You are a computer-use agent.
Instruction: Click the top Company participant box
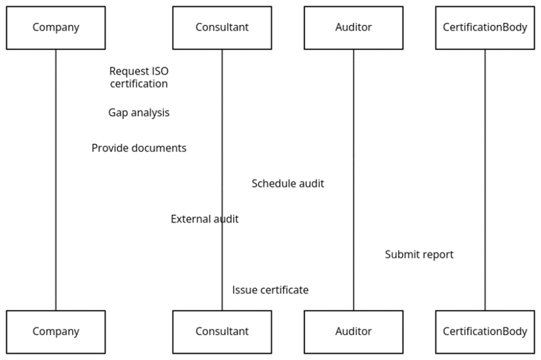click(x=55, y=27)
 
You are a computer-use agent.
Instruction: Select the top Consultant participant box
click(x=222, y=27)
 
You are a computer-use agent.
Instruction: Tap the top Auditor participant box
click(x=353, y=27)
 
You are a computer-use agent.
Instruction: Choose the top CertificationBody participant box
click(x=484, y=27)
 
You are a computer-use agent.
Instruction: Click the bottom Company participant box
click(x=55, y=331)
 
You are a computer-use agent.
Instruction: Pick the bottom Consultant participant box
click(x=222, y=331)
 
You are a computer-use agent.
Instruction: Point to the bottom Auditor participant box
click(x=353, y=331)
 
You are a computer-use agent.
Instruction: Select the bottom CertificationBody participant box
click(x=484, y=331)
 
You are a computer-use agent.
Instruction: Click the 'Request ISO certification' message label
click(x=139, y=78)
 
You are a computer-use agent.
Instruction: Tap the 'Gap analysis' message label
click(x=139, y=113)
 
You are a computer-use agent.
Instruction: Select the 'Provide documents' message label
click(x=139, y=148)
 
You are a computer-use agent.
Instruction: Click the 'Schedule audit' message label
click(x=287, y=184)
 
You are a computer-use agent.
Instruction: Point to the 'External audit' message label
click(x=204, y=219)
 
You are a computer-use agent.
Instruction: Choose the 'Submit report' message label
click(x=419, y=254)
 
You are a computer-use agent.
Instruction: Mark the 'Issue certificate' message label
click(x=270, y=290)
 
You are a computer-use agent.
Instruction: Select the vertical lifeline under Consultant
click(x=222, y=132)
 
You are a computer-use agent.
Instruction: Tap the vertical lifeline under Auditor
click(x=353, y=132)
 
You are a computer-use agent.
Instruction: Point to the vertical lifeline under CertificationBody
click(x=485, y=158)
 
